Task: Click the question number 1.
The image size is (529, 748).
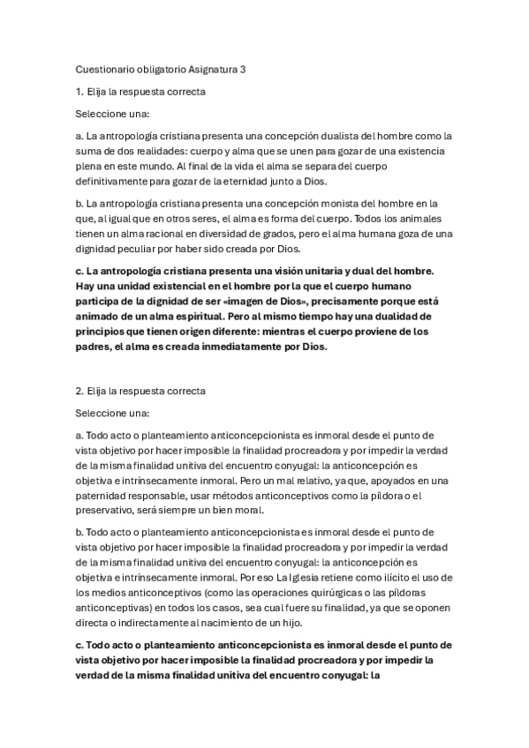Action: tap(79, 91)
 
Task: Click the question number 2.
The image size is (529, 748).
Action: tap(79, 389)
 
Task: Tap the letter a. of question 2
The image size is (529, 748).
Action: tap(80, 435)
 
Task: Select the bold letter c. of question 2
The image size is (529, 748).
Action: tap(80, 645)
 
